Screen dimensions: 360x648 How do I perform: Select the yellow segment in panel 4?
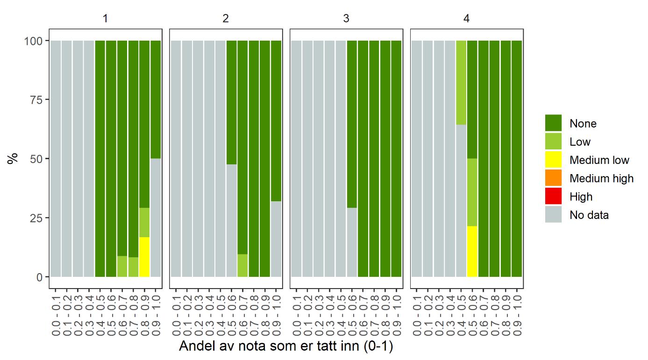[x=472, y=251]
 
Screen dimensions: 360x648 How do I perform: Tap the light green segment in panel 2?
[x=242, y=265]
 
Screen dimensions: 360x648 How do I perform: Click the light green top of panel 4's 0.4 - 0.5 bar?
[x=461, y=82]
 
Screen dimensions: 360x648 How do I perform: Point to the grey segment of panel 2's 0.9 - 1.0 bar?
[x=276, y=239]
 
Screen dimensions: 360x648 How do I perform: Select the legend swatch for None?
[x=553, y=123]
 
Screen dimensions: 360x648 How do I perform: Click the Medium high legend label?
[x=601, y=178]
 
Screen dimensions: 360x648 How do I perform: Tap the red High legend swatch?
[x=553, y=197]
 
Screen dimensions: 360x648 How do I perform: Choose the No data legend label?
[x=589, y=215]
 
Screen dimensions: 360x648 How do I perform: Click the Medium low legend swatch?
[x=553, y=160]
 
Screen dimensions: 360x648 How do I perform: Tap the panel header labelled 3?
[x=346, y=19]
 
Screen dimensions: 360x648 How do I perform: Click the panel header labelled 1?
[x=106, y=19]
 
